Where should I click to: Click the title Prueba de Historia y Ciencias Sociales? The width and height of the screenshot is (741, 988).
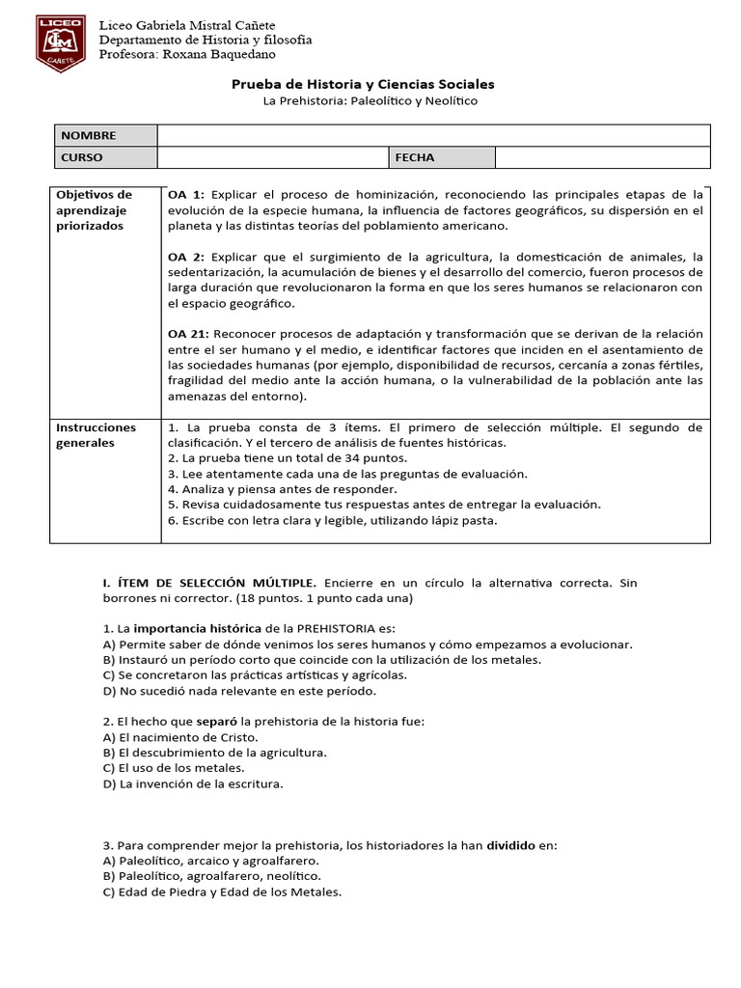click(363, 85)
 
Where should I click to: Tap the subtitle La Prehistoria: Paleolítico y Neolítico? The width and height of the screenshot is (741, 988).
click(370, 101)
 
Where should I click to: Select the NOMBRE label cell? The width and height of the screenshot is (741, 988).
click(103, 136)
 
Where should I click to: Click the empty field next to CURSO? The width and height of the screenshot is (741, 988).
click(272, 157)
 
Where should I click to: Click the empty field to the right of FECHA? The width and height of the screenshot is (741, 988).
click(602, 157)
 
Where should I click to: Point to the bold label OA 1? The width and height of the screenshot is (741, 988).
click(186, 194)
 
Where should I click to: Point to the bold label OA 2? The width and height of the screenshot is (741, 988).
click(186, 257)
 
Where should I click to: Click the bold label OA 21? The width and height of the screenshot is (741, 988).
click(189, 334)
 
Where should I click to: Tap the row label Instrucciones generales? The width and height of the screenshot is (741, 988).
click(96, 435)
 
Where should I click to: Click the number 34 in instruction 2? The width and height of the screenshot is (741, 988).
click(352, 458)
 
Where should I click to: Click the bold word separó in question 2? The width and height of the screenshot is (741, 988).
click(217, 722)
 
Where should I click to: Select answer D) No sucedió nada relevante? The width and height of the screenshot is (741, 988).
click(226, 691)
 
